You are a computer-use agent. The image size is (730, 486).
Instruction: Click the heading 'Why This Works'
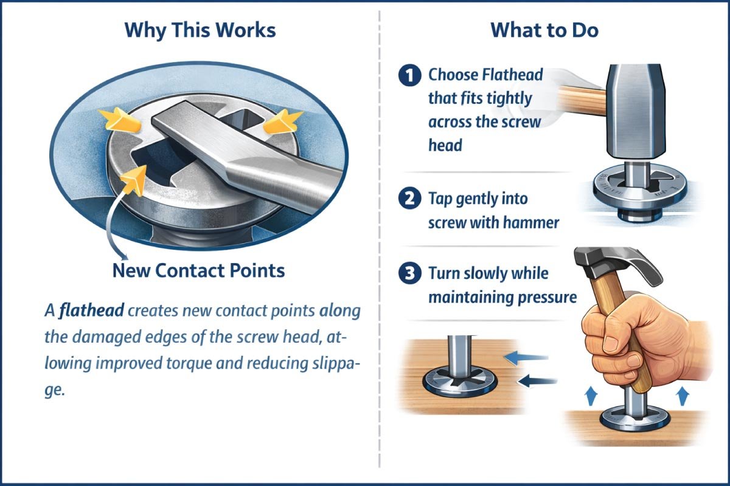[200, 30]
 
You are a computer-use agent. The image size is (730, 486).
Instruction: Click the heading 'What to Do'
[544, 30]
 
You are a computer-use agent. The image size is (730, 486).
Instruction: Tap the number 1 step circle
[409, 76]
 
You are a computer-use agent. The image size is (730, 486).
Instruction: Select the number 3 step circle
[409, 274]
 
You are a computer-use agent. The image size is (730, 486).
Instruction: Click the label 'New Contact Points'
[198, 270]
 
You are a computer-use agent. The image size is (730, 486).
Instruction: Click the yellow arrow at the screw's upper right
[283, 121]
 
